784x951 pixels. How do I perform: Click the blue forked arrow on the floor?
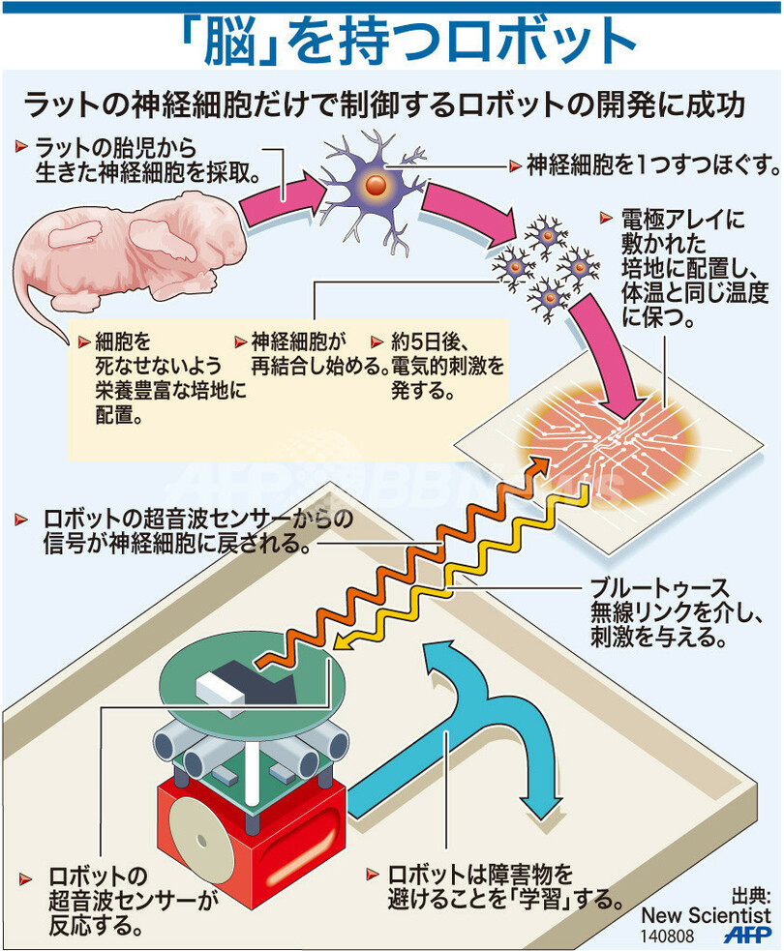pos(455,716)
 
